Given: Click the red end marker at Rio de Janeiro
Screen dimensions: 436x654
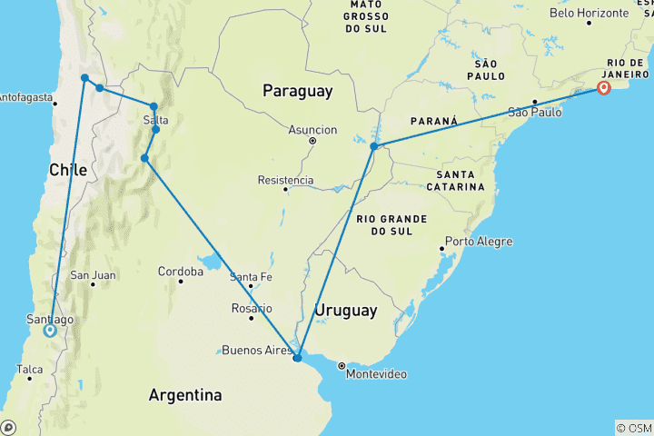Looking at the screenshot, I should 604,87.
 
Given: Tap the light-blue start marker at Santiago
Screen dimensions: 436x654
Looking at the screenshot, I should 50,331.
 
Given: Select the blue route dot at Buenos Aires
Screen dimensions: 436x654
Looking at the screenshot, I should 297,358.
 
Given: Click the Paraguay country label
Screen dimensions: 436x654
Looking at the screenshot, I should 297,91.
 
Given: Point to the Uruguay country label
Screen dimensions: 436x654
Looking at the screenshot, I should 345,311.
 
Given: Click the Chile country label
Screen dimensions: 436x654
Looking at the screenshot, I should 68,170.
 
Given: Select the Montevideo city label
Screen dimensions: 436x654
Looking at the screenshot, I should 374,373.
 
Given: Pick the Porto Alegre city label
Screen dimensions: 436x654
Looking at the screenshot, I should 479,242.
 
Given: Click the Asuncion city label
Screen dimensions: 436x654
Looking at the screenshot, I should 312,130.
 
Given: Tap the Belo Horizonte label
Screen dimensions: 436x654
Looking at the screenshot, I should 595,13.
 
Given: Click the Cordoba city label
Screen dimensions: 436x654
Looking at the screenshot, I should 180,272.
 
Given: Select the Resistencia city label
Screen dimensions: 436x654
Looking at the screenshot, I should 285,180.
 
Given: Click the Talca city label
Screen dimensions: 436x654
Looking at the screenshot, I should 28,369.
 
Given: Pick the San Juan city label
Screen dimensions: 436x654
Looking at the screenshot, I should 93,275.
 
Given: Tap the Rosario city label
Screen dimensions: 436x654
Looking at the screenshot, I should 251,308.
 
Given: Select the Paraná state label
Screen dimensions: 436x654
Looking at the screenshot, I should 433,121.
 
